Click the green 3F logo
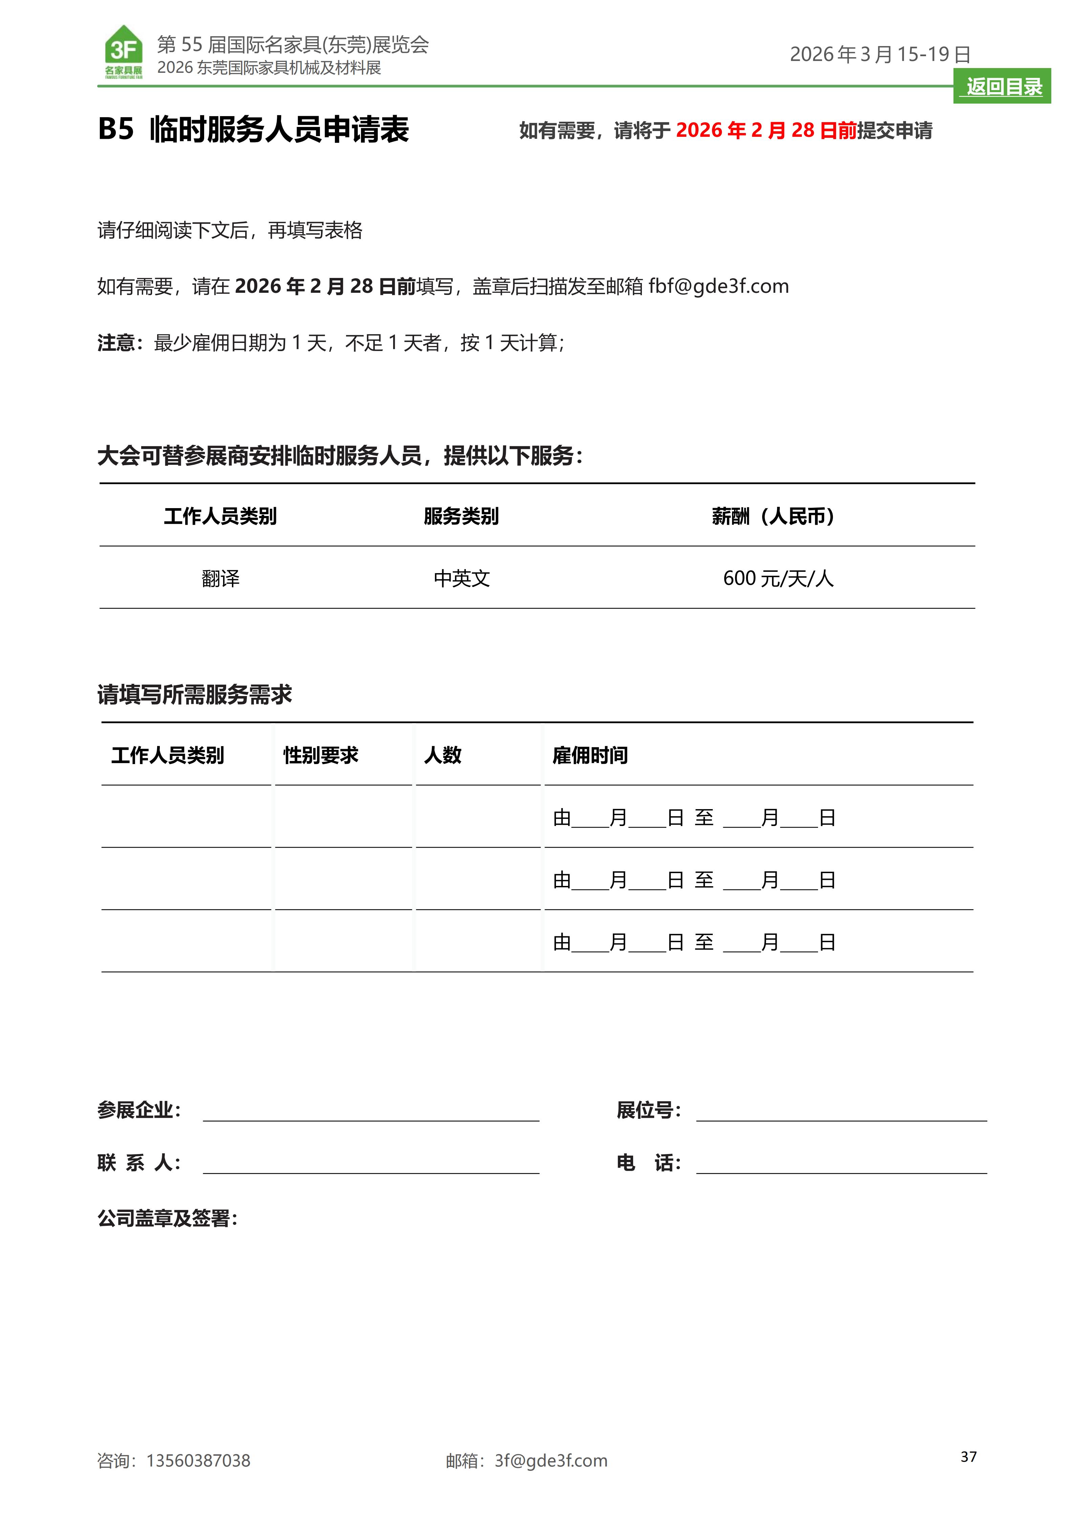124,52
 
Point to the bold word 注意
116,343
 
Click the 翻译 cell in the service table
220,579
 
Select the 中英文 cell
461,579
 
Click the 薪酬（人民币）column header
773,516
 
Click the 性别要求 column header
320,755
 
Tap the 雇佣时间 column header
590,755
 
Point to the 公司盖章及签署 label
167,1218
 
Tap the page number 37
968,1456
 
